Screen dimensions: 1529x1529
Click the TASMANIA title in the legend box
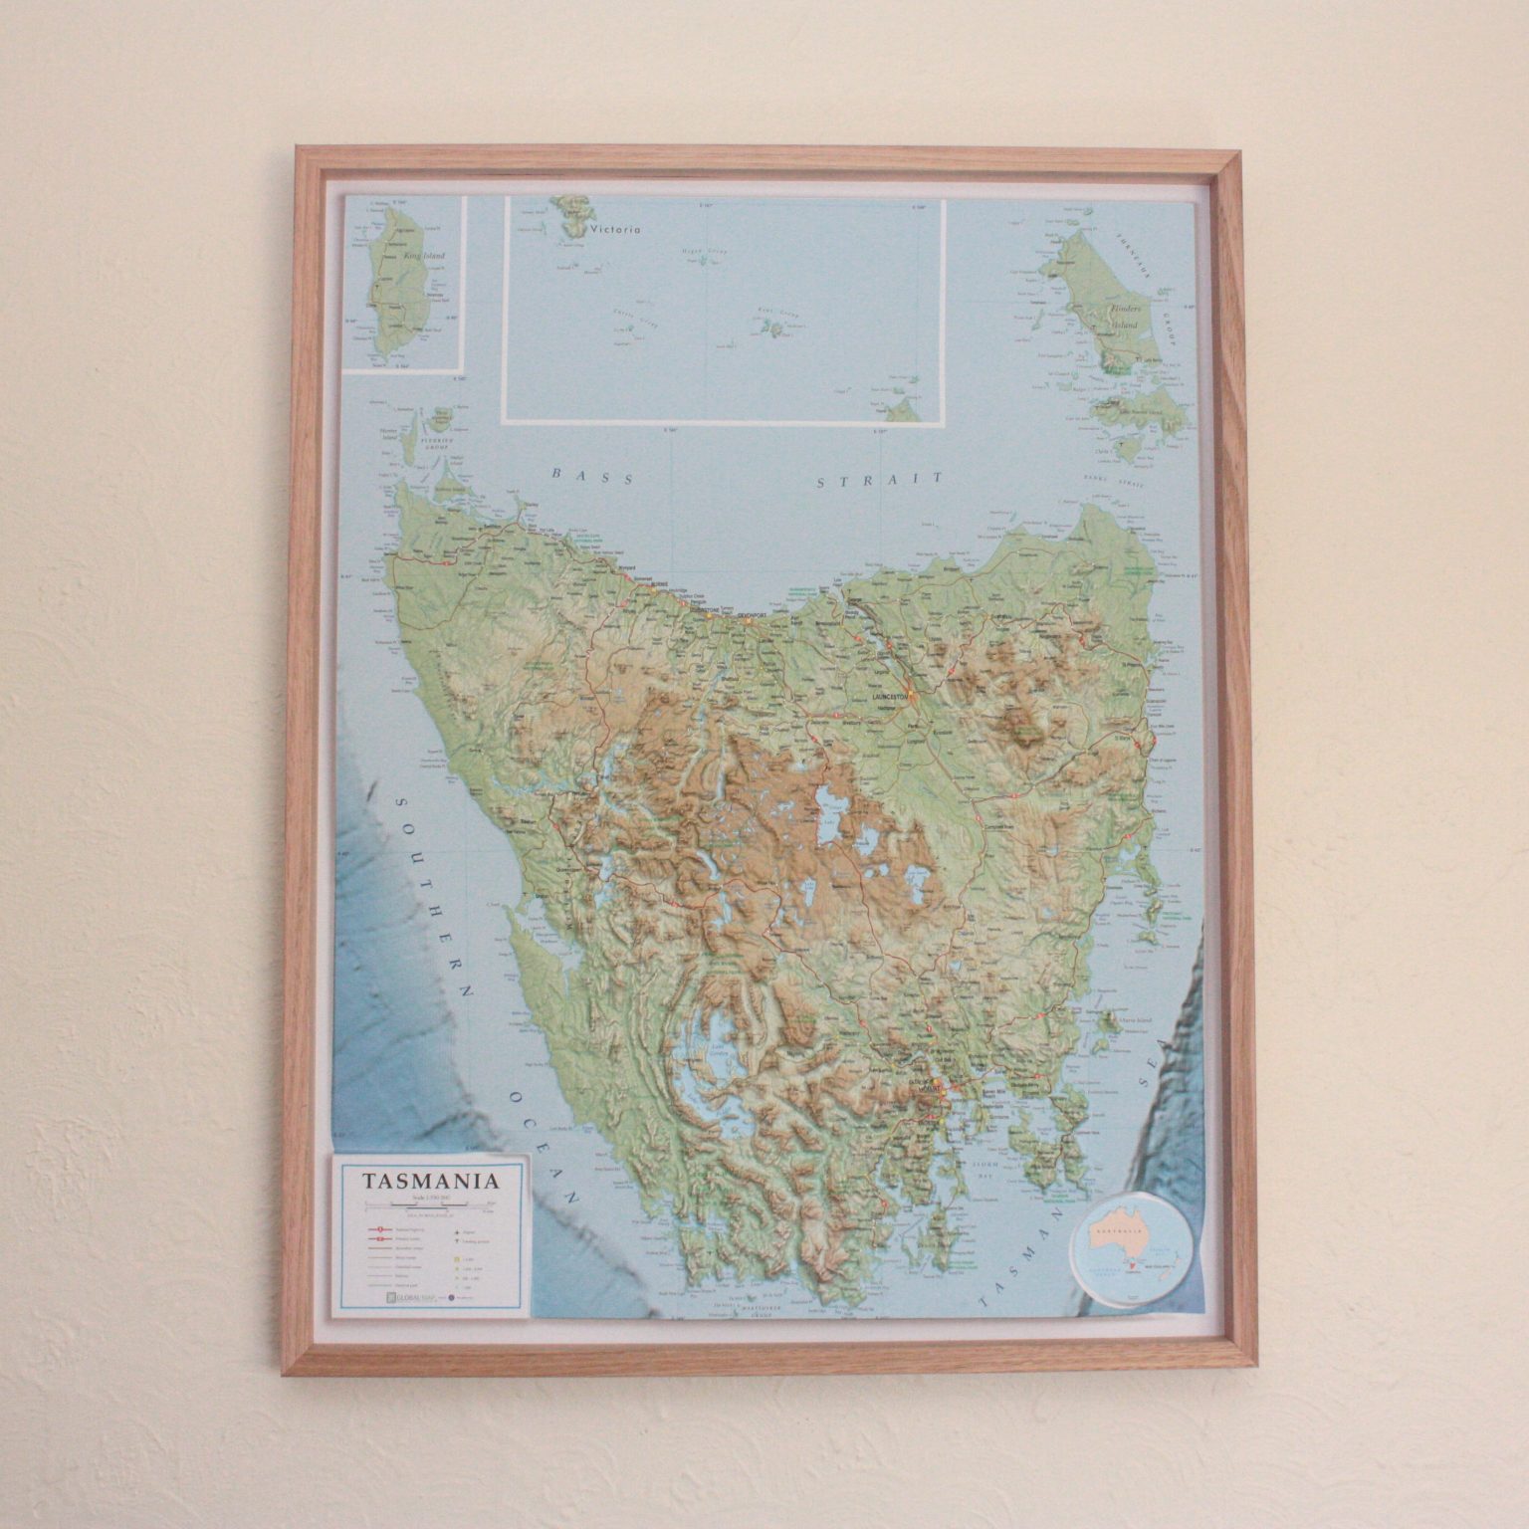[x=430, y=1182]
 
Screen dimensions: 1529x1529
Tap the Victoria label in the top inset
[x=614, y=230]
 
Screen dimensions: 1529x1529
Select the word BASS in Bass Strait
[x=592, y=476]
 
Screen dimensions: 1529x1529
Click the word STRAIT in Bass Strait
[x=878, y=481]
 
